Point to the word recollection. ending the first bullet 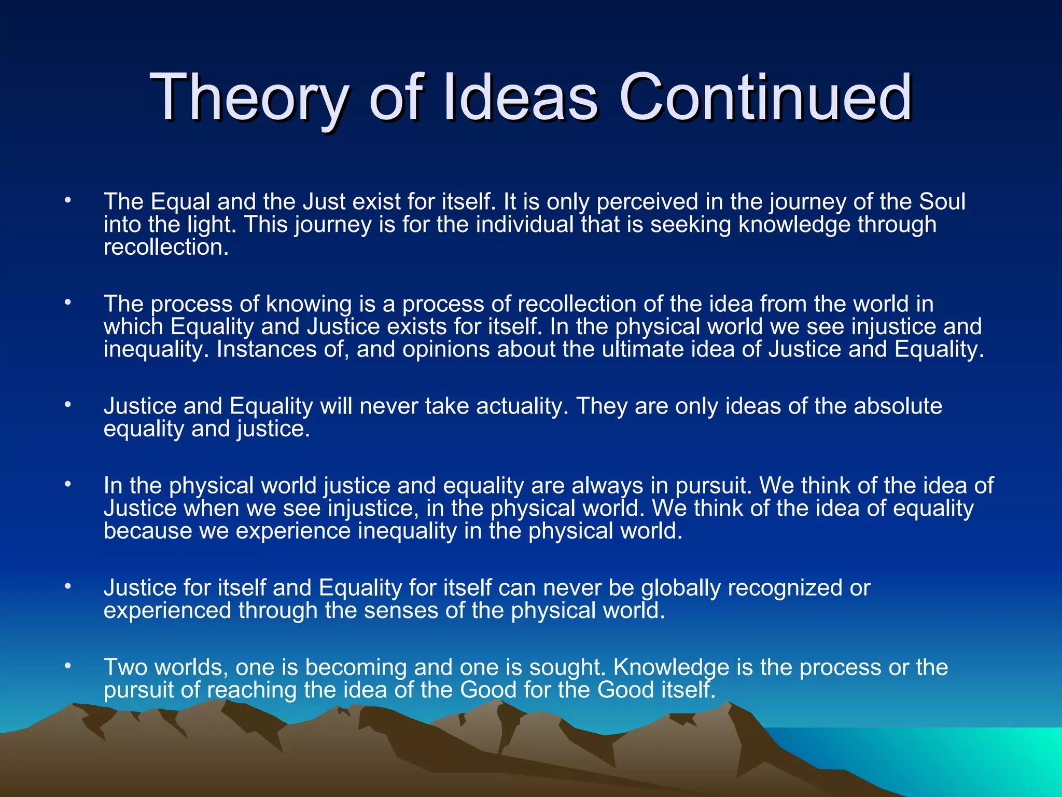tap(166, 247)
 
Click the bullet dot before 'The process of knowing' tap(67, 302)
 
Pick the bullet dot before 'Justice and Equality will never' tap(67, 404)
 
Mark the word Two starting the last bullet tap(125, 667)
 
